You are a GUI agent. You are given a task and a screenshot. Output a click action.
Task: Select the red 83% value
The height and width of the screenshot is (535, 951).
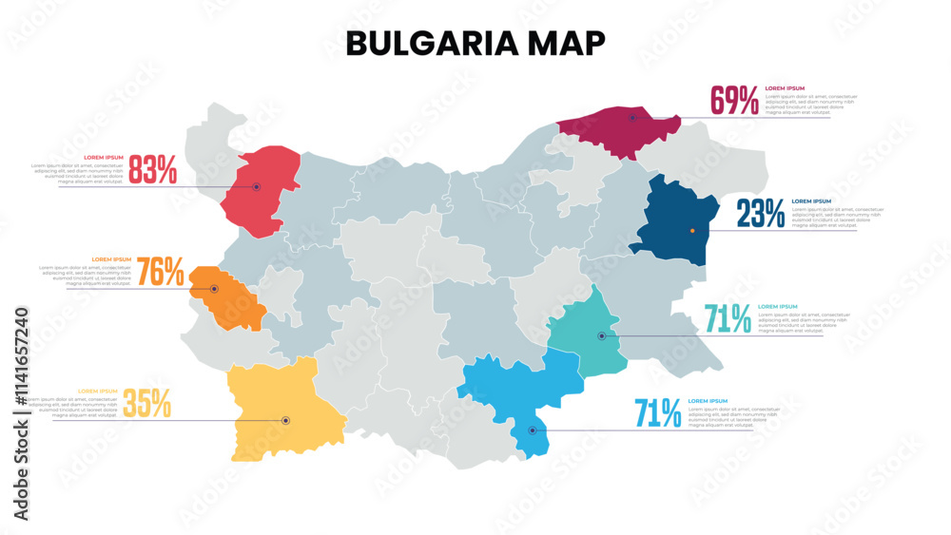(153, 170)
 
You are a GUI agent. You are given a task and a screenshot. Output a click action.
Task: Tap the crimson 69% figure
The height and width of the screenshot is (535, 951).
(735, 101)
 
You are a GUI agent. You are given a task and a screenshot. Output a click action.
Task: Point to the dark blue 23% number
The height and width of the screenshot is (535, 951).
(761, 215)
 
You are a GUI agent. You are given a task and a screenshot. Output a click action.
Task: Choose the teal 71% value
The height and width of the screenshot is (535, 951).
(728, 319)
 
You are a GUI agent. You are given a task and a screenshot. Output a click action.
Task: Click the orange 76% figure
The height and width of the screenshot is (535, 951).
(161, 273)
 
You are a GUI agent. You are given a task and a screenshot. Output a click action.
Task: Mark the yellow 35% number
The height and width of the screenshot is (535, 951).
(147, 404)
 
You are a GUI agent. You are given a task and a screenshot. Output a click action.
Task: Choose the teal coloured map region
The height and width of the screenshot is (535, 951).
(585, 333)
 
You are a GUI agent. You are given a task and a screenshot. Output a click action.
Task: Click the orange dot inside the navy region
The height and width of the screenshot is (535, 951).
(692, 231)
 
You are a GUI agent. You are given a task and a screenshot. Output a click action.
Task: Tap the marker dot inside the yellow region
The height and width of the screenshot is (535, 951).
(285, 420)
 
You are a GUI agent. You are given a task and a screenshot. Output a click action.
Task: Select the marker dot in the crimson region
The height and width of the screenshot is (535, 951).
(632, 118)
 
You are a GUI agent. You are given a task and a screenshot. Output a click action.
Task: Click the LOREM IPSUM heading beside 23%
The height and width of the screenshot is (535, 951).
(811, 201)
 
